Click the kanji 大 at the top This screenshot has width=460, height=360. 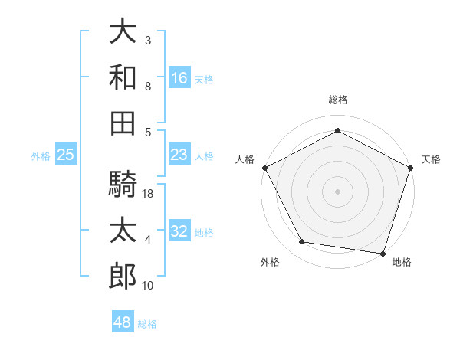coord(123,31)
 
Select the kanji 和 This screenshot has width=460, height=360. coord(123,77)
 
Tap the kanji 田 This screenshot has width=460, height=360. coord(123,123)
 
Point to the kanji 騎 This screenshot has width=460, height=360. coord(123,184)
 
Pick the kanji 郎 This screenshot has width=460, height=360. coord(123,276)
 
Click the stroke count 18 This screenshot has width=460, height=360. coord(147,194)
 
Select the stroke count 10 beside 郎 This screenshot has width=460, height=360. coord(147,285)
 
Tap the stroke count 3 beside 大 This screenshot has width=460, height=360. coord(148,40)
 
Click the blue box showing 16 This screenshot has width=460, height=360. coord(179,77)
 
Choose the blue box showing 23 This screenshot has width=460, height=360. coord(179,154)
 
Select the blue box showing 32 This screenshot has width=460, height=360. coord(179,230)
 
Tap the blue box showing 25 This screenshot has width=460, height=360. coord(66,154)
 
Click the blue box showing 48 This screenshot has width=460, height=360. coord(123,321)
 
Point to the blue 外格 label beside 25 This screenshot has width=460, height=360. coord(41,156)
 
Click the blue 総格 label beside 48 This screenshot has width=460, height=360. coord(147,324)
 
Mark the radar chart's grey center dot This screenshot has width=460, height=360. coord(337,191)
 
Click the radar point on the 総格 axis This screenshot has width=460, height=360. coord(337,130)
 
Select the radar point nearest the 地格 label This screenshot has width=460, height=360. coord(383,254)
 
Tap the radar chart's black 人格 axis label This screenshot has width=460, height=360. coord(245,159)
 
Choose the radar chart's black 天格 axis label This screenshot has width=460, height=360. coord(431,159)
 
